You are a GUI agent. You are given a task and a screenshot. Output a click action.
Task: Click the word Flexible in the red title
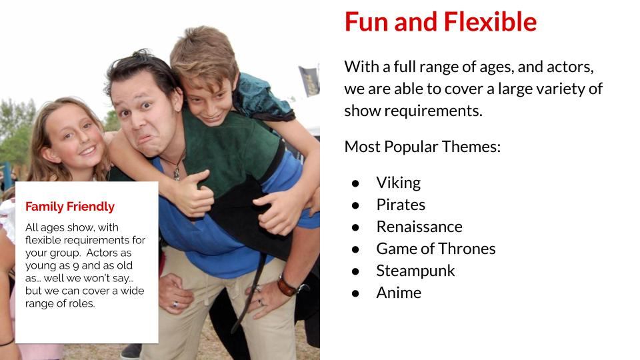pos(490,21)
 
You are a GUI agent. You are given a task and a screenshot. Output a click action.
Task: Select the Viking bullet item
pos(399,183)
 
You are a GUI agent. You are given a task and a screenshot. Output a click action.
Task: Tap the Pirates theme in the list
pos(401,205)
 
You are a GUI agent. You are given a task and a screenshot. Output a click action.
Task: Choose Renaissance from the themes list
pos(419,227)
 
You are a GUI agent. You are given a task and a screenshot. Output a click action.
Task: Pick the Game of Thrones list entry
pos(436,249)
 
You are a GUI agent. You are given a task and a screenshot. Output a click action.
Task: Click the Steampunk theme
pos(415,271)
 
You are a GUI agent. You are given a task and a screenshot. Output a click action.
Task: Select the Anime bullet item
pos(399,293)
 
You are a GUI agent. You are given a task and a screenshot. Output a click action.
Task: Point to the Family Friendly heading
pos(70,207)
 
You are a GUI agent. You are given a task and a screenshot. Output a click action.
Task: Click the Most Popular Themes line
pos(423,147)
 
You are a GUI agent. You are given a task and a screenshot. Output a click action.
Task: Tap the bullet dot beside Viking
pos(355,184)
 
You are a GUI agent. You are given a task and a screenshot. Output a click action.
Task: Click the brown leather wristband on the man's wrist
pos(287,286)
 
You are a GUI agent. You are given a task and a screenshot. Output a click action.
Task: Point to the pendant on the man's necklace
pos(176,173)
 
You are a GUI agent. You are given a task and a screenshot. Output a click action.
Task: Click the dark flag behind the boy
pos(309,81)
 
